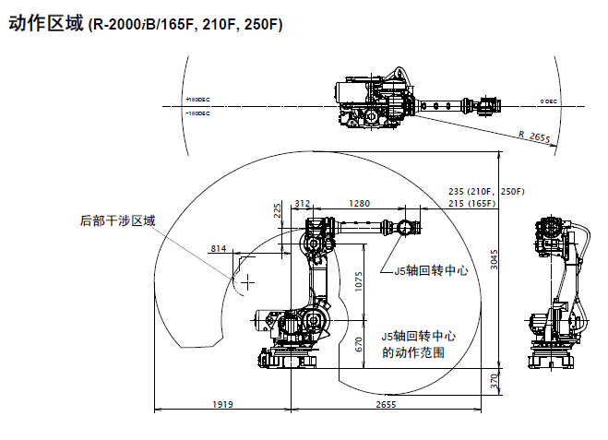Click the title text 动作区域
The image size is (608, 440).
45,24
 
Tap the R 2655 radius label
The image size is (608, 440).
534,137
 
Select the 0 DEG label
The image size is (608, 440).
549,101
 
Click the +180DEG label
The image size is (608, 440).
197,99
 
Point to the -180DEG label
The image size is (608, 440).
197,113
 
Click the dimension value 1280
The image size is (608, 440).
360,203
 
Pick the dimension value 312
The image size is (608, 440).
302,203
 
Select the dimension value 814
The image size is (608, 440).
219,249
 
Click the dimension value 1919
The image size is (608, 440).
222,405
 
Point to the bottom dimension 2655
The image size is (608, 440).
387,405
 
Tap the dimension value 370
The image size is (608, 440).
495,380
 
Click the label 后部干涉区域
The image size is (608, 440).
118,220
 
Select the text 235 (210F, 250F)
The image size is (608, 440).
485,191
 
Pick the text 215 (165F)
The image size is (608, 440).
471,203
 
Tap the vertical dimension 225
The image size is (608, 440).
280,212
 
